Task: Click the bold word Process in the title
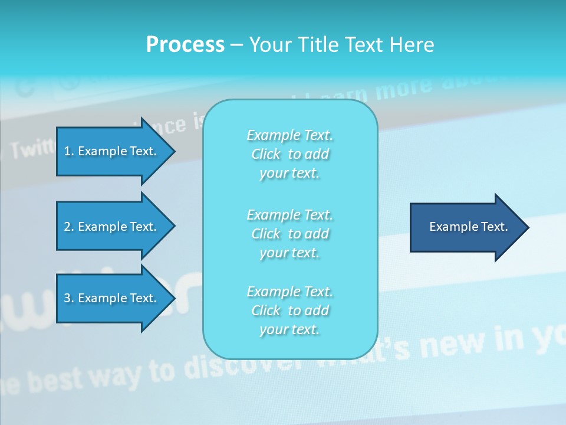185,45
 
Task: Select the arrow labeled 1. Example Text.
112,151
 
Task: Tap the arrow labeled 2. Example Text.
112,227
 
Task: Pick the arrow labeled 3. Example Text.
112,298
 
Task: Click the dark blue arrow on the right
466,227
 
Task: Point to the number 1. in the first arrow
69,151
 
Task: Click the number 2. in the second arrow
69,227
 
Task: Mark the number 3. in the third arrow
69,298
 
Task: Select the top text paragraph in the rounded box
289,154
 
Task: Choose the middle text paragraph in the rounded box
289,234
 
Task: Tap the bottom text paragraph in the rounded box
289,310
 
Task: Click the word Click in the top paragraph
266,154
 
